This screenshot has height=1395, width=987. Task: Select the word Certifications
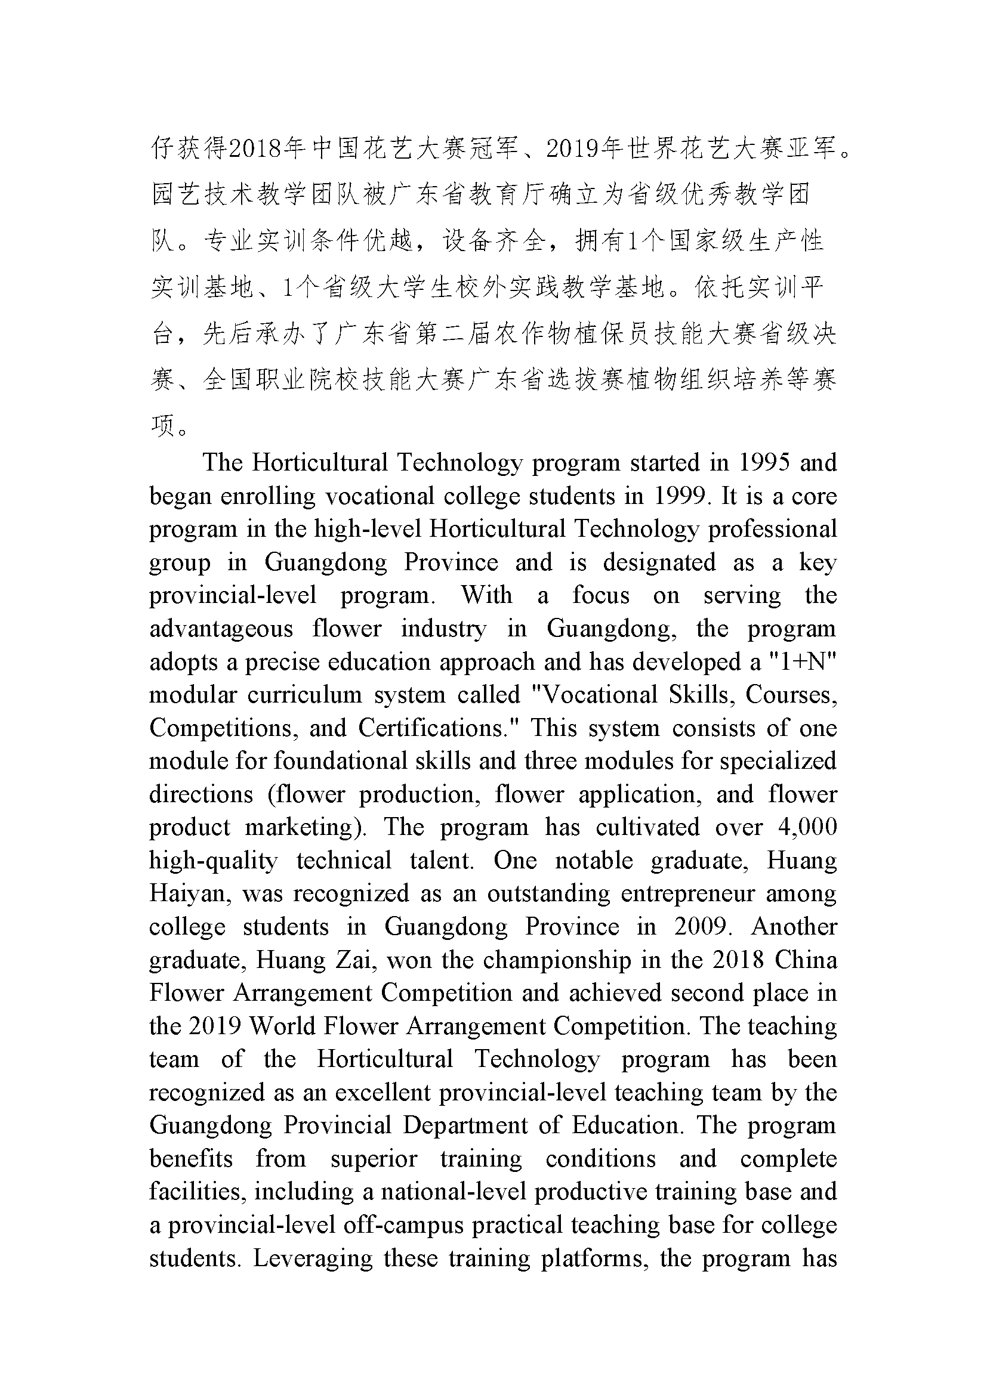(434, 728)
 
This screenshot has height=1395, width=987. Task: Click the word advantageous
(221, 628)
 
